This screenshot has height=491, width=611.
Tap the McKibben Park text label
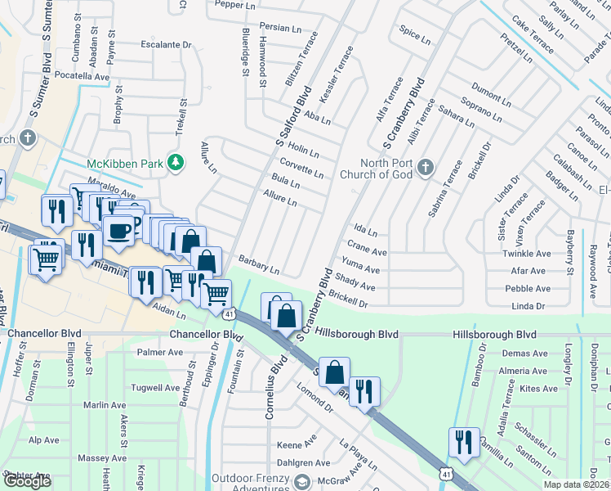click(x=126, y=163)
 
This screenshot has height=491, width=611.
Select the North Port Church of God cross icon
click(x=424, y=168)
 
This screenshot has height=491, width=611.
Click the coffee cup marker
click(x=120, y=229)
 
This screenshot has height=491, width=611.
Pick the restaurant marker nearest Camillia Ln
click(x=463, y=443)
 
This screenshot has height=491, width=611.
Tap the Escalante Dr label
click(x=167, y=45)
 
